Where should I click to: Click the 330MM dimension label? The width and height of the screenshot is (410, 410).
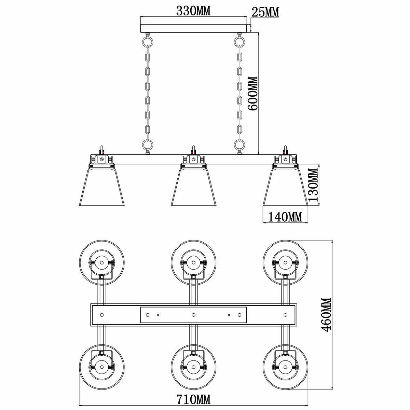coord(193,11)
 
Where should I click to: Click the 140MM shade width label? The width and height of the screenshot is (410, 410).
coord(285,216)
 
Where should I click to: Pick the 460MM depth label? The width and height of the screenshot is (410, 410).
coord(326,315)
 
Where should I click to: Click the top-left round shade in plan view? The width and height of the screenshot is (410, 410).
coord(102,262)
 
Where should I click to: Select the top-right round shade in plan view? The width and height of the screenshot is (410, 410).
coord(285,262)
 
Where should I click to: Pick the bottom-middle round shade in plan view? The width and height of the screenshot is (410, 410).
coord(193,366)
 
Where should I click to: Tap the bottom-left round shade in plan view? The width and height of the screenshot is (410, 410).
coord(102,366)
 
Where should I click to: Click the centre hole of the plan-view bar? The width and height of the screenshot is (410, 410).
coord(193,315)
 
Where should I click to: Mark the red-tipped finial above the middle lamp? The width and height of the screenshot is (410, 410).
coord(193,150)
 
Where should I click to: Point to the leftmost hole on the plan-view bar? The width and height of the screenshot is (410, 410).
coord(102,315)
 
